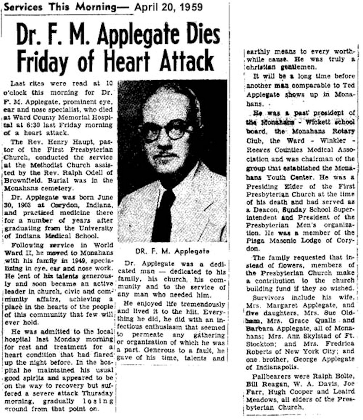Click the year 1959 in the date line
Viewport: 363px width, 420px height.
pos(190,7)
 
